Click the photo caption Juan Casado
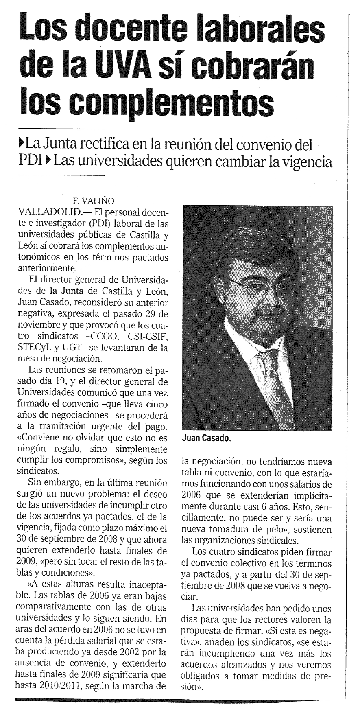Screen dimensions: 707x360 tap(204, 438)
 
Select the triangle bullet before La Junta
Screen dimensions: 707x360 tap(22, 144)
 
